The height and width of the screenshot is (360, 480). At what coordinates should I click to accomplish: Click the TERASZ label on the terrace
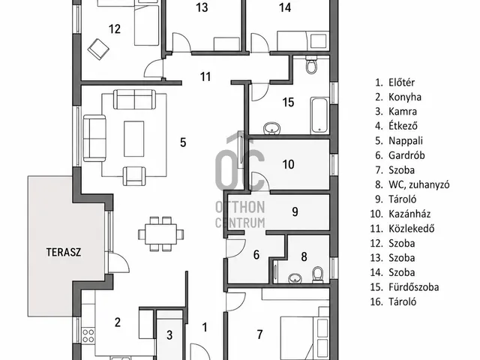coord(64,252)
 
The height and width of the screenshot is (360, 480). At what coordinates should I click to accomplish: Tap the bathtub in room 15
coord(320,115)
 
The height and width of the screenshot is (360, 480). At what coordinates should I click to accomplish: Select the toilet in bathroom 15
coord(311,65)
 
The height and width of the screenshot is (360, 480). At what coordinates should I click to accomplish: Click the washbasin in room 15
coord(271,128)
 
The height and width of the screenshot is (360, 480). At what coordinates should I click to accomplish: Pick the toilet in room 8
coord(318,274)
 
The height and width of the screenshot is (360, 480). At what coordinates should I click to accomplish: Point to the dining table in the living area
coord(160,234)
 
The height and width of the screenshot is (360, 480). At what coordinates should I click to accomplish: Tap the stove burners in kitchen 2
coord(88,335)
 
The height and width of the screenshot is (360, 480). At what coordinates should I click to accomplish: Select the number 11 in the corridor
coord(205,76)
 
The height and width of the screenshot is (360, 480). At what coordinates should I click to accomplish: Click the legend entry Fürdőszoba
coord(413,287)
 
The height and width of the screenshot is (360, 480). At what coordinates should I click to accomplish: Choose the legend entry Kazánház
coord(409,214)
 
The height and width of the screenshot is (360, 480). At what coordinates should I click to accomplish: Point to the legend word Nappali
coord(406,141)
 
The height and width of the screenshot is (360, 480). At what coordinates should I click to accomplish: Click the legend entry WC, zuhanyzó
coord(419,184)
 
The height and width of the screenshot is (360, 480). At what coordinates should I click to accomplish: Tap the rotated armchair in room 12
coord(98,49)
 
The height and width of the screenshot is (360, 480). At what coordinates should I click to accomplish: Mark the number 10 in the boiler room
coord(288,164)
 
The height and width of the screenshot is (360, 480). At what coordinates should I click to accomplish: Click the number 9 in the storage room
coord(295,211)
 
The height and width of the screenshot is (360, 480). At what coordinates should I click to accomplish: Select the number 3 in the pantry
coord(169,335)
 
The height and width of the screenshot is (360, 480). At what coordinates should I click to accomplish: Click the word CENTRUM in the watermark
coord(240,223)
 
